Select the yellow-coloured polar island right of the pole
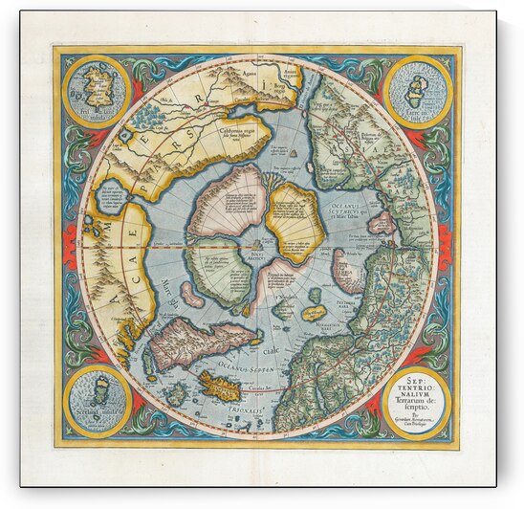[x=296, y=221]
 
